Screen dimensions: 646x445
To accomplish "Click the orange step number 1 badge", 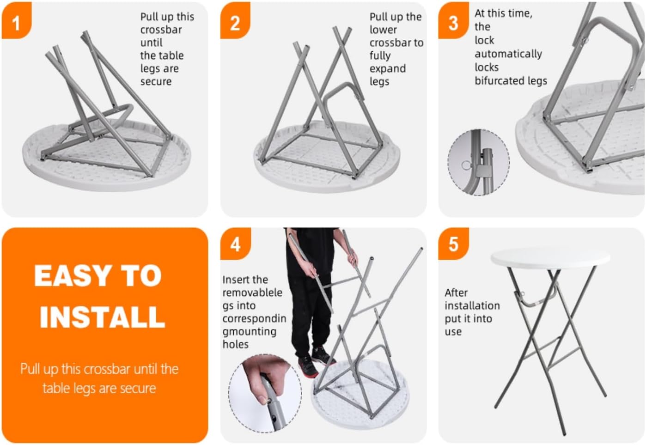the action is pos(17,20).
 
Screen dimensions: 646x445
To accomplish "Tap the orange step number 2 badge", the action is pos(235,20).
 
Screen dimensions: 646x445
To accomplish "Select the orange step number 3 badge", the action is pos(453,20).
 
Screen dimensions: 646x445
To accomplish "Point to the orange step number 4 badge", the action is pos(235,244).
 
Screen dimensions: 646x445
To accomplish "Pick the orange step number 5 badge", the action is pos(453,244).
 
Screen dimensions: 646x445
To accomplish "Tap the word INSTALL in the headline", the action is pos(103,317).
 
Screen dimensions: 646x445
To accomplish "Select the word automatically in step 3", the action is pos(508,54).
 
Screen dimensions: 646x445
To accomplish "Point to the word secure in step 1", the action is pos(156,82).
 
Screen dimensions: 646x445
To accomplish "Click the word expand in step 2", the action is pos(388,69).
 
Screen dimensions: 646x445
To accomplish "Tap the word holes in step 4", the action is pos(235,344).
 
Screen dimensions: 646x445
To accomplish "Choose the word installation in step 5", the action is pos(472,306).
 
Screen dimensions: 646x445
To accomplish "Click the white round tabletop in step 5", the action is pos(550,257).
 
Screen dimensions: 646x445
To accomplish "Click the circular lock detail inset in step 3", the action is pos(479,162).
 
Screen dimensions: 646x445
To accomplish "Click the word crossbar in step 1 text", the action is pos(161,30).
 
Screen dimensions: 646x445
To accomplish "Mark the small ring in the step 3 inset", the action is pos(466,165).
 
